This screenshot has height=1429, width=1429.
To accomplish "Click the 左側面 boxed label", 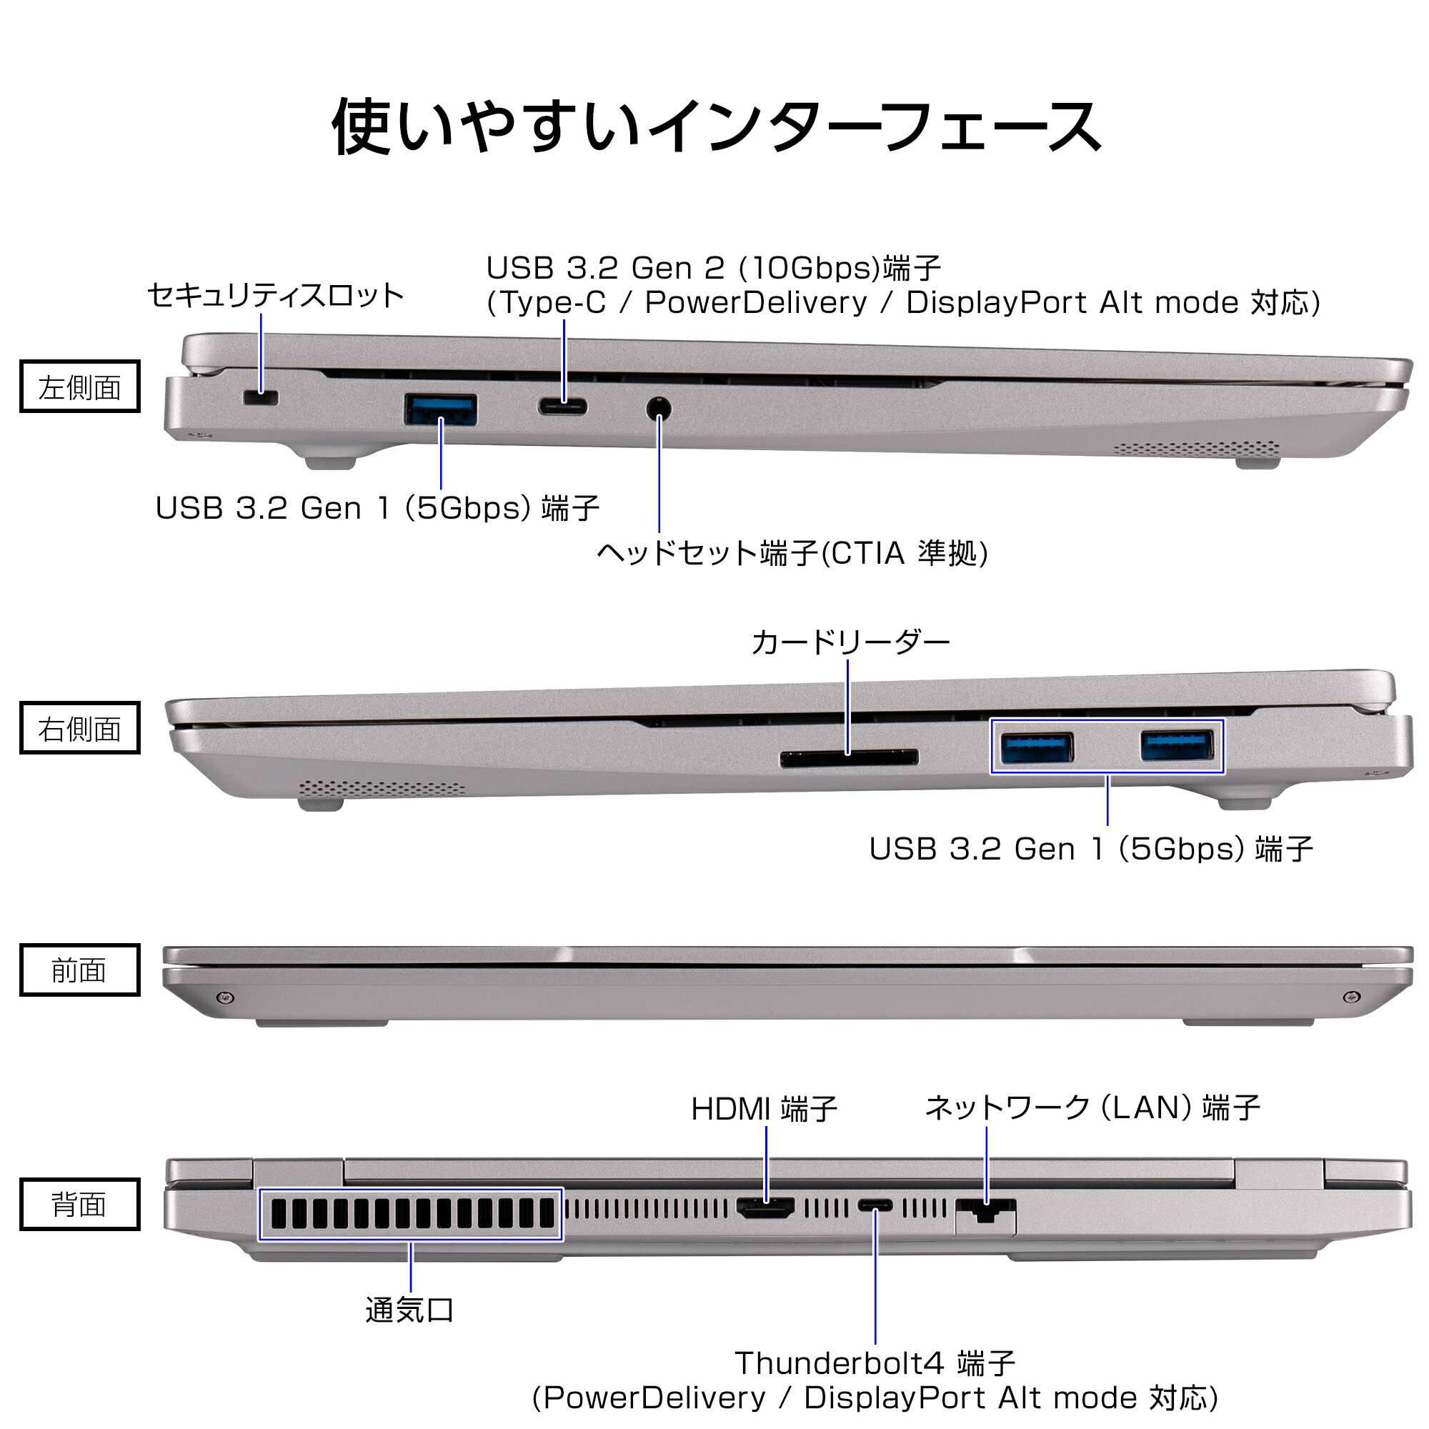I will click(x=80, y=387).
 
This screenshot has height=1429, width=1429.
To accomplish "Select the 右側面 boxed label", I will click(x=80, y=729).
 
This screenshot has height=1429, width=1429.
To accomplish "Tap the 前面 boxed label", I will click(x=80, y=970).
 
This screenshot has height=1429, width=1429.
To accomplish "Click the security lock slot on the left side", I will click(x=260, y=399).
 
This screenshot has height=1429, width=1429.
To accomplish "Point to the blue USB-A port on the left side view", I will click(x=441, y=409).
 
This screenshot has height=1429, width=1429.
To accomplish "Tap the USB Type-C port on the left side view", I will click(x=563, y=407).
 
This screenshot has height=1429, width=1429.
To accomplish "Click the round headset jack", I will click(x=658, y=408).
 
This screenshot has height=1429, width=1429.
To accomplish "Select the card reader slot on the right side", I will click(x=849, y=757).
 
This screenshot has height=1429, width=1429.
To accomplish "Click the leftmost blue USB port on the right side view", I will click(x=1036, y=748).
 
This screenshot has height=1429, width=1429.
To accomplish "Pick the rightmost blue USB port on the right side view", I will click(x=1177, y=745).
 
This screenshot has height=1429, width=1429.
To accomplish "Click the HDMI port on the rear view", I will click(x=765, y=1209).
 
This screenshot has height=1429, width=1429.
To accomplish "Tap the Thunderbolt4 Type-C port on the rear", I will click(x=875, y=1206).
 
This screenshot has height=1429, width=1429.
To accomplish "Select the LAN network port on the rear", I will click(x=985, y=1213).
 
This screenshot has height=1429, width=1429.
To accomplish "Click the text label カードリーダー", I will click(x=850, y=643).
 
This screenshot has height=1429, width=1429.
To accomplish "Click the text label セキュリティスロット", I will click(x=275, y=296).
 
